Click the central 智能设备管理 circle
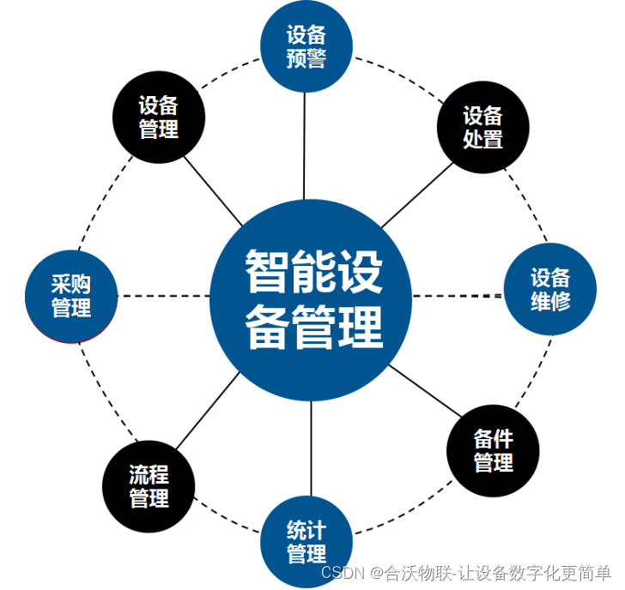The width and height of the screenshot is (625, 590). [x=312, y=298]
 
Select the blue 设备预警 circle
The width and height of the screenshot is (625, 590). [x=306, y=46]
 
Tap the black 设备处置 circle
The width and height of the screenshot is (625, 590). [x=482, y=127]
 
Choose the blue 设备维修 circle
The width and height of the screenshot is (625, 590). [x=549, y=290]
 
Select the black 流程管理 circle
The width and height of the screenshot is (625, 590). [x=149, y=486]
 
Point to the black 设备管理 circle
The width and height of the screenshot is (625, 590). [x=159, y=117]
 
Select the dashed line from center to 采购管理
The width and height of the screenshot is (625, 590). [x=163, y=296]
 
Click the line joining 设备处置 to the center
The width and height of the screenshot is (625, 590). [x=417, y=194]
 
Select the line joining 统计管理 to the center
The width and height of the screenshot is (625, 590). [x=309, y=450]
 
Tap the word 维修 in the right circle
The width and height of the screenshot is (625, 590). [x=550, y=301]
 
